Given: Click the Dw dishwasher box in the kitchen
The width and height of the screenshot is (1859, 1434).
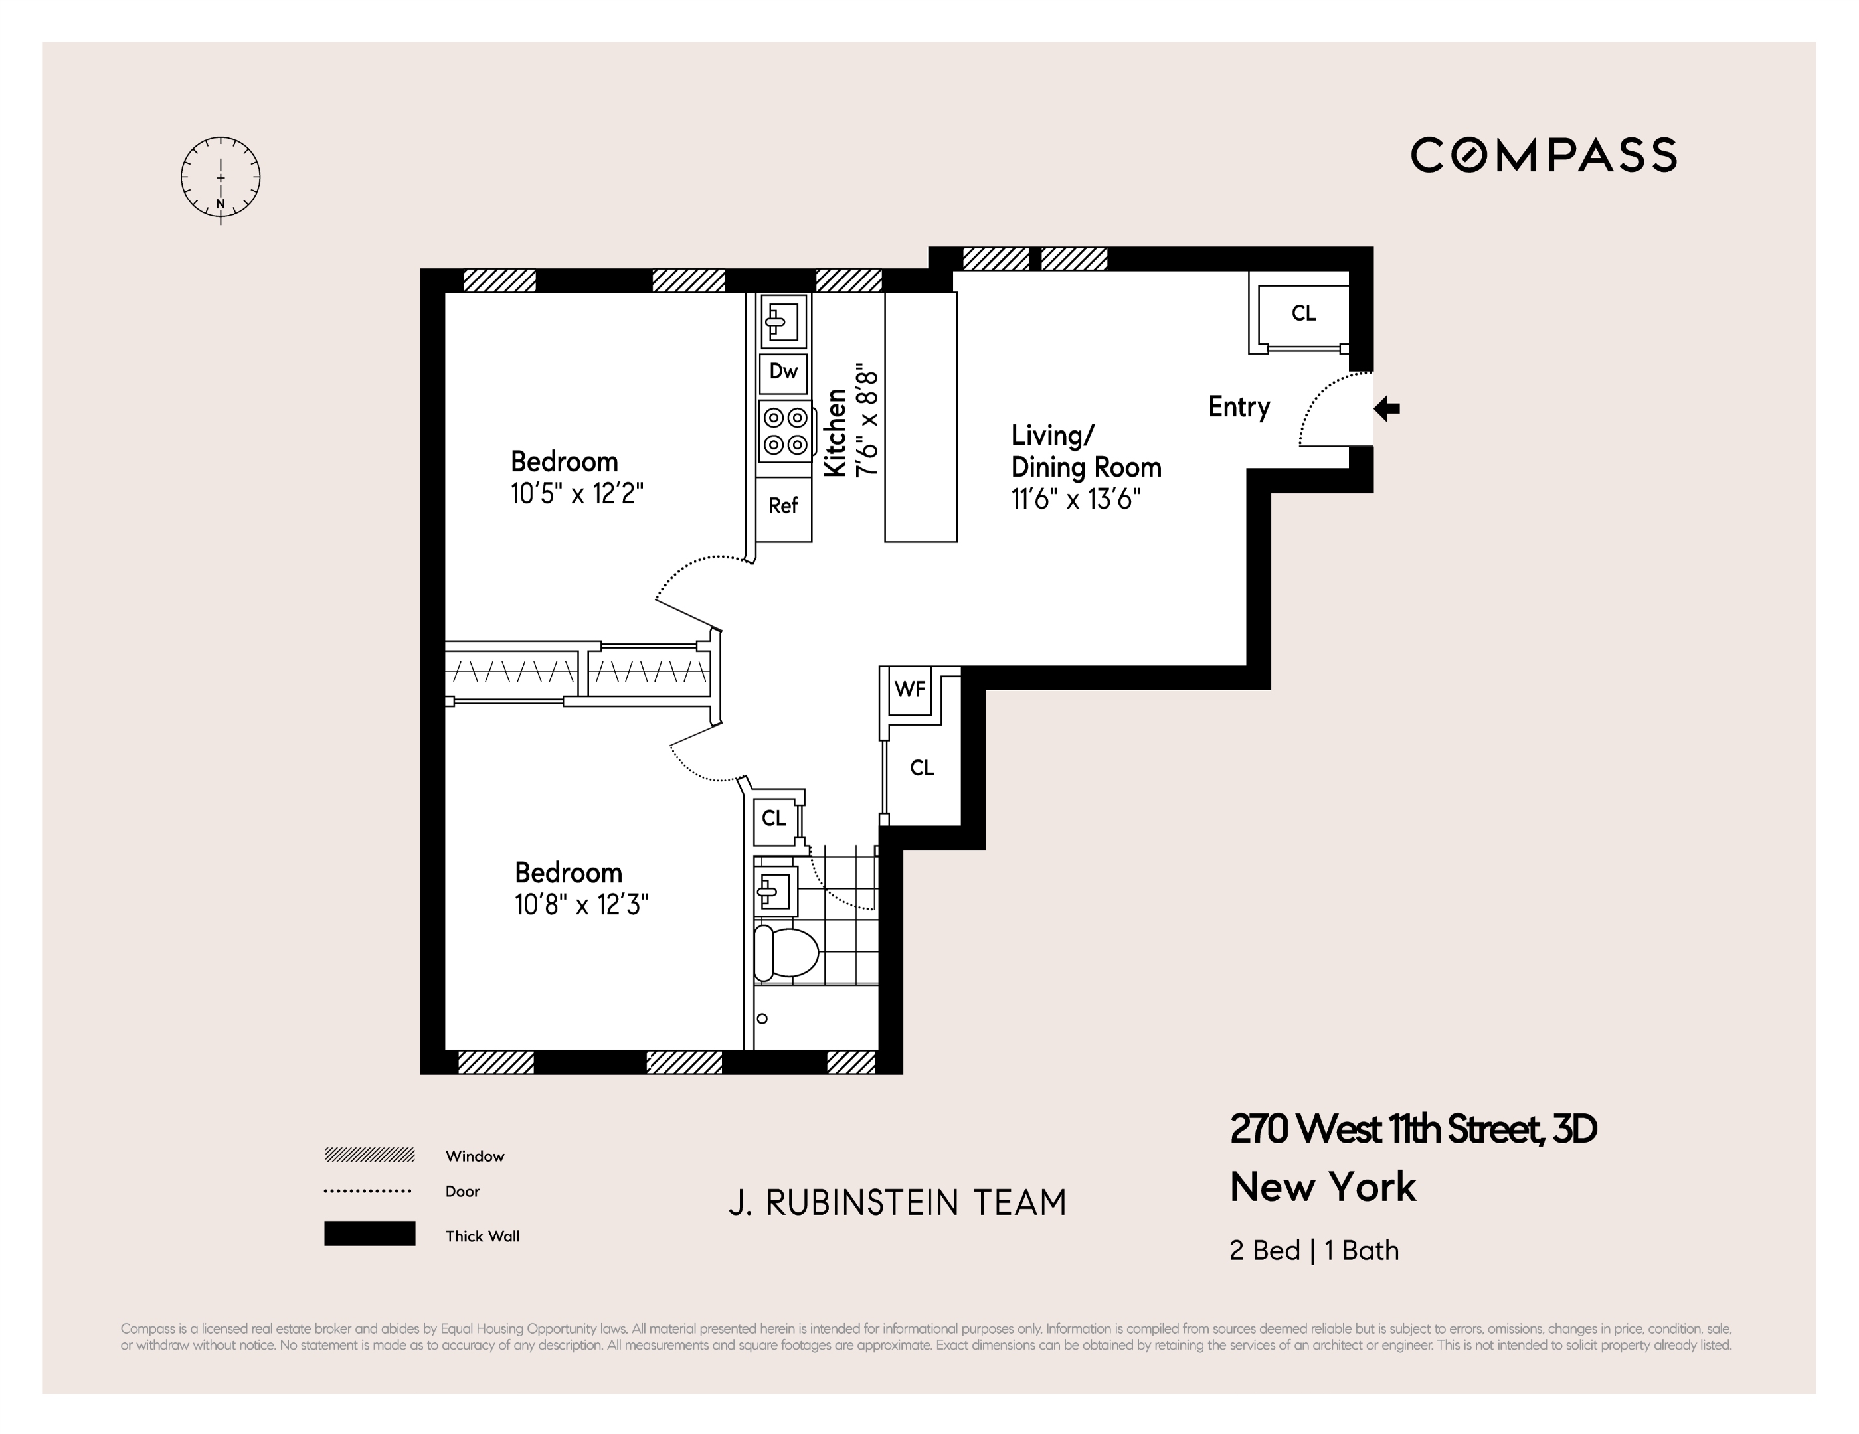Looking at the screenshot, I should pos(783,371).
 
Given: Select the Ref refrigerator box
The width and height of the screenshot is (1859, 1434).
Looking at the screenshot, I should pos(783,505).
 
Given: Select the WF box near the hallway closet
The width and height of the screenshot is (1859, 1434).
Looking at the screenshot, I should pos(909,689).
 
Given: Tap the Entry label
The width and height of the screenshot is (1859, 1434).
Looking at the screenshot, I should pos(1239,407).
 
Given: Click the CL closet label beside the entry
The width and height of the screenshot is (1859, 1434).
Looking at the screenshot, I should pos(1303,313).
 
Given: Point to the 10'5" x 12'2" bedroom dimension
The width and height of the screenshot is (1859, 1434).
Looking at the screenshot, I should pos(577,494).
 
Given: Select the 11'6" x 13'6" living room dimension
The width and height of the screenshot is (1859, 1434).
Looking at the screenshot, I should pos(1075,498).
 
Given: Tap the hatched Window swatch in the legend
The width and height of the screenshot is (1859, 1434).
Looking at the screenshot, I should pos(369,1155).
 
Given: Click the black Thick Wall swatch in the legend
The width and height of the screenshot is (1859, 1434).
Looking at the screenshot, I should pos(369,1233).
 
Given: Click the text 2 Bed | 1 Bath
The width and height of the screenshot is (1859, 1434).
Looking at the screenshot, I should pos(1313,1250).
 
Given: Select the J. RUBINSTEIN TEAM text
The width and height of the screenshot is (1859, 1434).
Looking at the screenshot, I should pos(897,1202).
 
